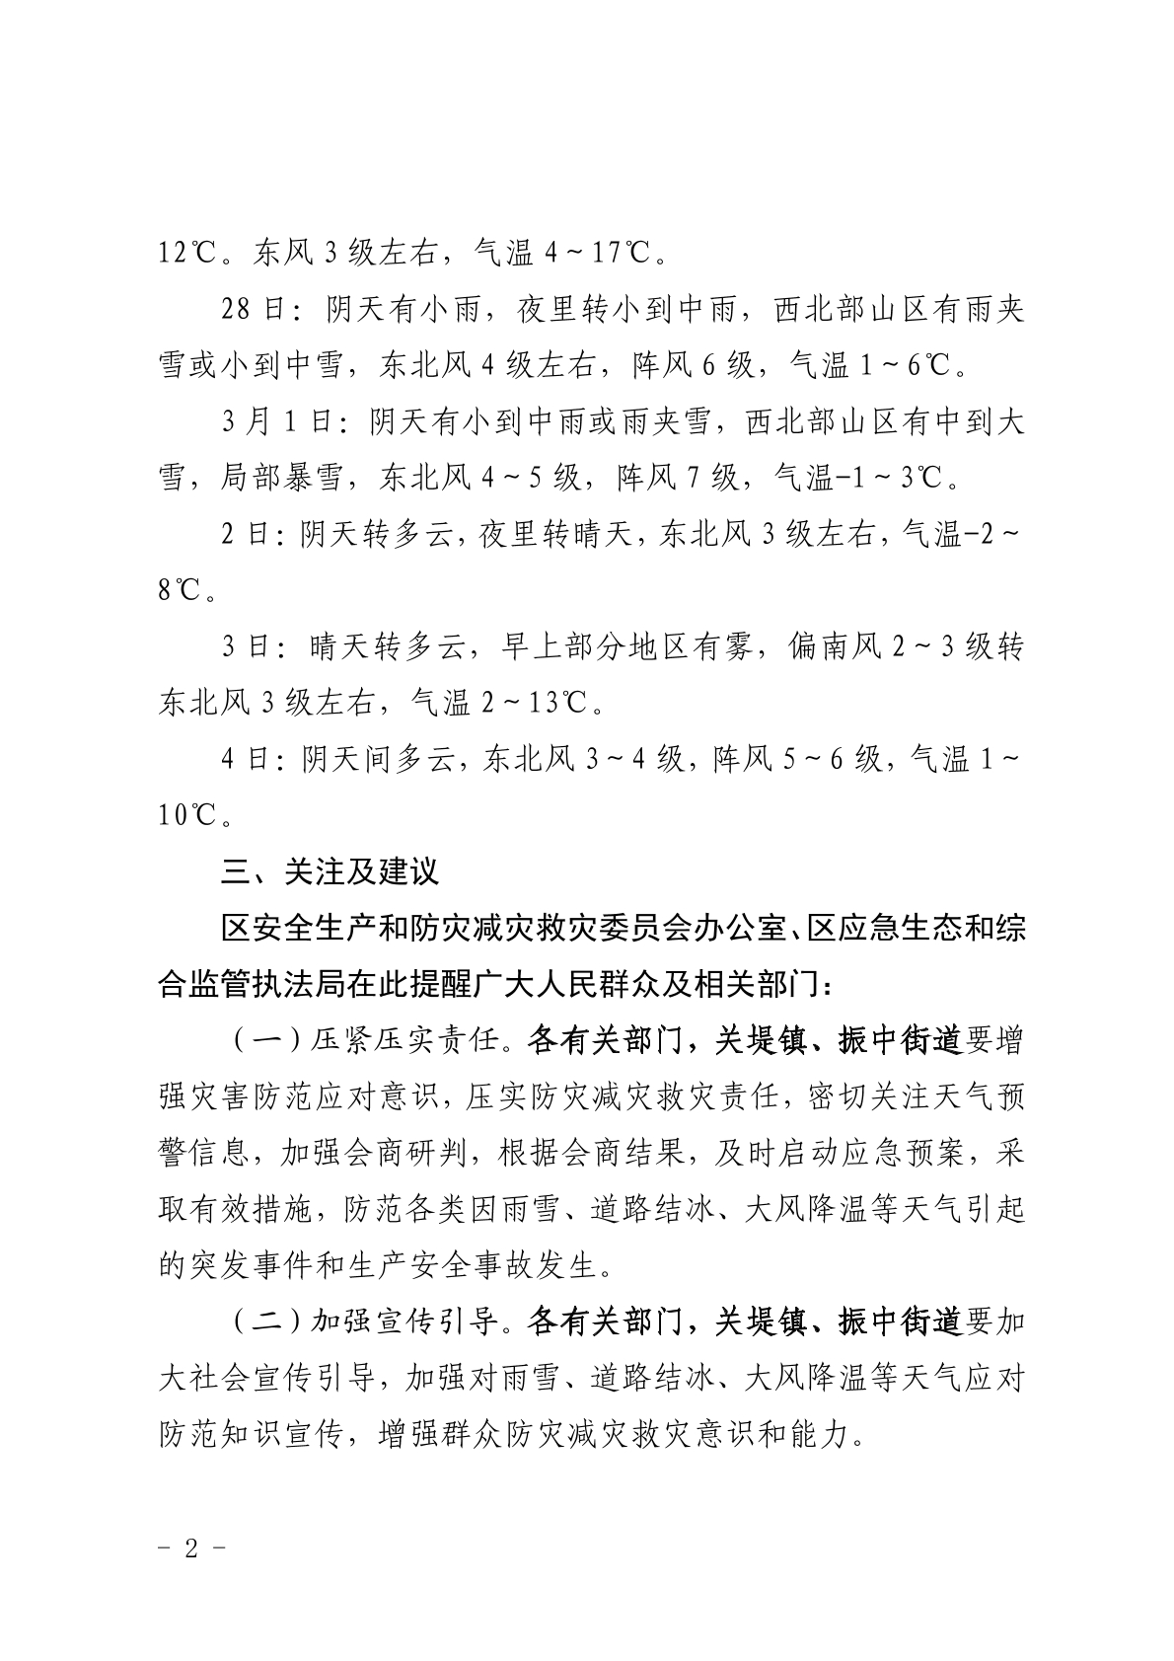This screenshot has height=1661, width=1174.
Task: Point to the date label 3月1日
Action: click(280, 423)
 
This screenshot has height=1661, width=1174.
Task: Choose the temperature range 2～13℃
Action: click(537, 704)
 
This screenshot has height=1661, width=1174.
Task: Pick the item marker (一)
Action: click(264, 1041)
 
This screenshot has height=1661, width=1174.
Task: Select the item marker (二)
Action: click(264, 1322)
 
